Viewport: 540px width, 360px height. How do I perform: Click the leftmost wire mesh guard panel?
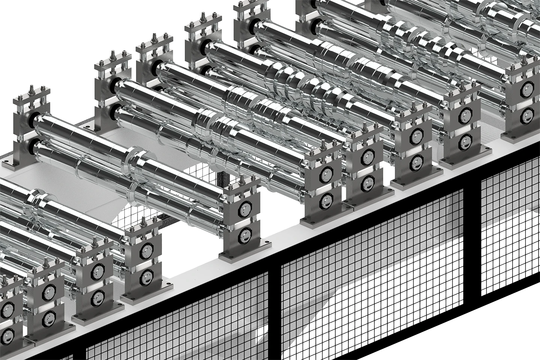click(176, 322)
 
